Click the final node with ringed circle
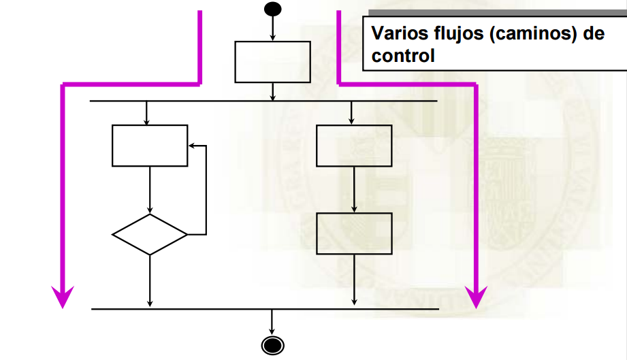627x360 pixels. (x=272, y=345)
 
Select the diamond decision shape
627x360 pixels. (x=150, y=235)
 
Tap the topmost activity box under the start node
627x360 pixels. (x=272, y=61)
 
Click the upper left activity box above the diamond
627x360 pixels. (x=150, y=146)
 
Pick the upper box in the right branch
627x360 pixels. (x=354, y=146)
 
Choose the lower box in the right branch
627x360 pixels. (x=354, y=233)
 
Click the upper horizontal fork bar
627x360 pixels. (x=263, y=101)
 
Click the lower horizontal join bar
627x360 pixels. (x=266, y=309)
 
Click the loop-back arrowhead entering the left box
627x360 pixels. (x=192, y=146)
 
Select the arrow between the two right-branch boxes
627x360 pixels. (x=354, y=190)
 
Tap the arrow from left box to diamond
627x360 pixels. (x=150, y=190)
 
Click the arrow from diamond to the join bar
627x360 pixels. (x=150, y=282)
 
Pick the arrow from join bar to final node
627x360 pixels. (x=272, y=322)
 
